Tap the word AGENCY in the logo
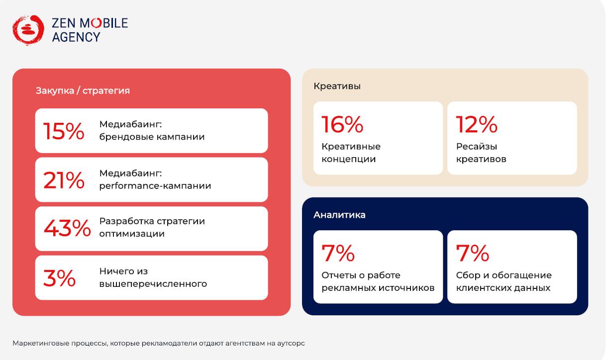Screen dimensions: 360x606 [76, 37]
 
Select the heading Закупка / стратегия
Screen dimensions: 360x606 [83, 90]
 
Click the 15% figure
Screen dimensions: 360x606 [64, 131]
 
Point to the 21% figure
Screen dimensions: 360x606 [64, 180]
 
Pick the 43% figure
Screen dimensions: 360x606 [67, 228]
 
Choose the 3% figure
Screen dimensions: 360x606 [59, 278]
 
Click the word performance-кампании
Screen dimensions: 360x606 [155, 186]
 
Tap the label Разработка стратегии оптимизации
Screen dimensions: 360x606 [152, 227]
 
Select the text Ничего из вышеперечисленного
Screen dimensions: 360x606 [153, 278]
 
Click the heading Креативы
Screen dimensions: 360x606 [337, 86]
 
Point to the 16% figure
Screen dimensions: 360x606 [342, 124]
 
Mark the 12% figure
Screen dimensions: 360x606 [477, 124]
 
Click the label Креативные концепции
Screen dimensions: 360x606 [351, 153]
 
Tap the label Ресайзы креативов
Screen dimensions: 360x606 [481, 153]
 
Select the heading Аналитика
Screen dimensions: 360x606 [339, 215]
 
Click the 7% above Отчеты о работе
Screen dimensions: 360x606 [338, 253]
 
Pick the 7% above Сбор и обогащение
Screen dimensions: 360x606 [472, 253]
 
